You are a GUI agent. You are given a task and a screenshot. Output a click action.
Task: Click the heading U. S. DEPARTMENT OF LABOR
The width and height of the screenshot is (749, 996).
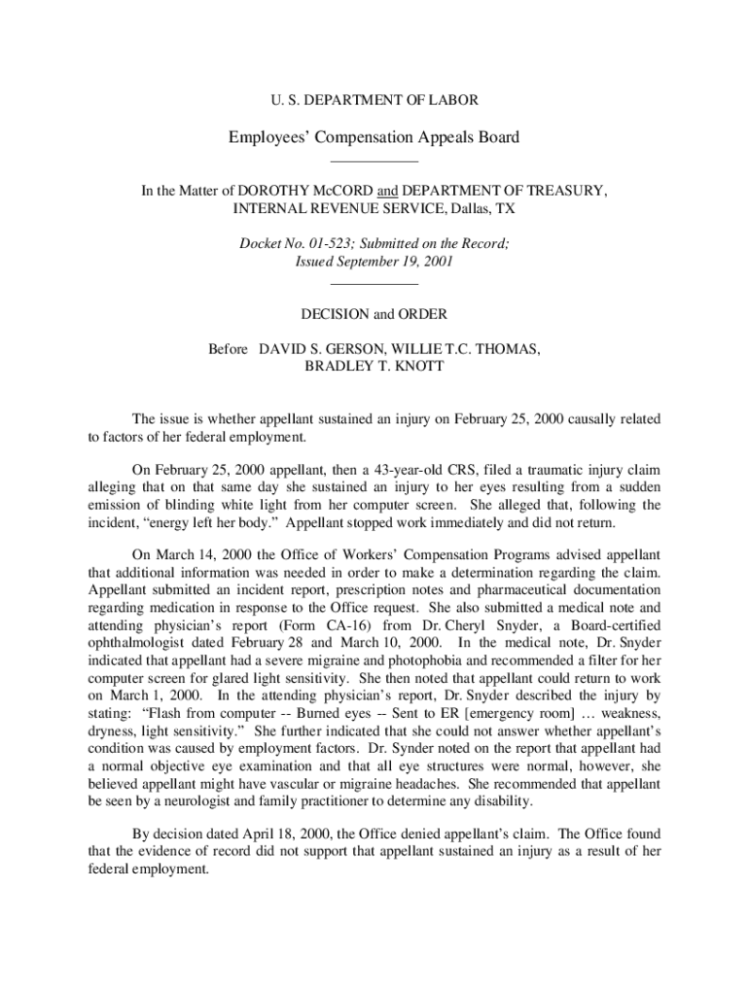pos(374,100)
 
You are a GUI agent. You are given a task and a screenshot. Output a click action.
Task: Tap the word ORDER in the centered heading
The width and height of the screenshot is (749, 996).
pos(419,314)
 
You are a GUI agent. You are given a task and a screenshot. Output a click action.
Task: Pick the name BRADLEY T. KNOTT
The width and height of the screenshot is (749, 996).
pos(374,367)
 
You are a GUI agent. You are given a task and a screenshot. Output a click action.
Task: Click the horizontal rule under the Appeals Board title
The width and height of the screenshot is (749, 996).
pos(374,160)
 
